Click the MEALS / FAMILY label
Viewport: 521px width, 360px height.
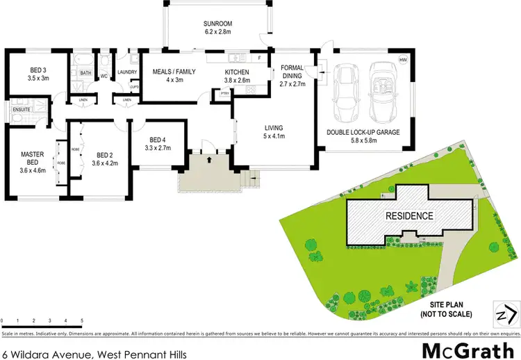169,72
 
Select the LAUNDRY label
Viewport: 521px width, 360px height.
127,72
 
